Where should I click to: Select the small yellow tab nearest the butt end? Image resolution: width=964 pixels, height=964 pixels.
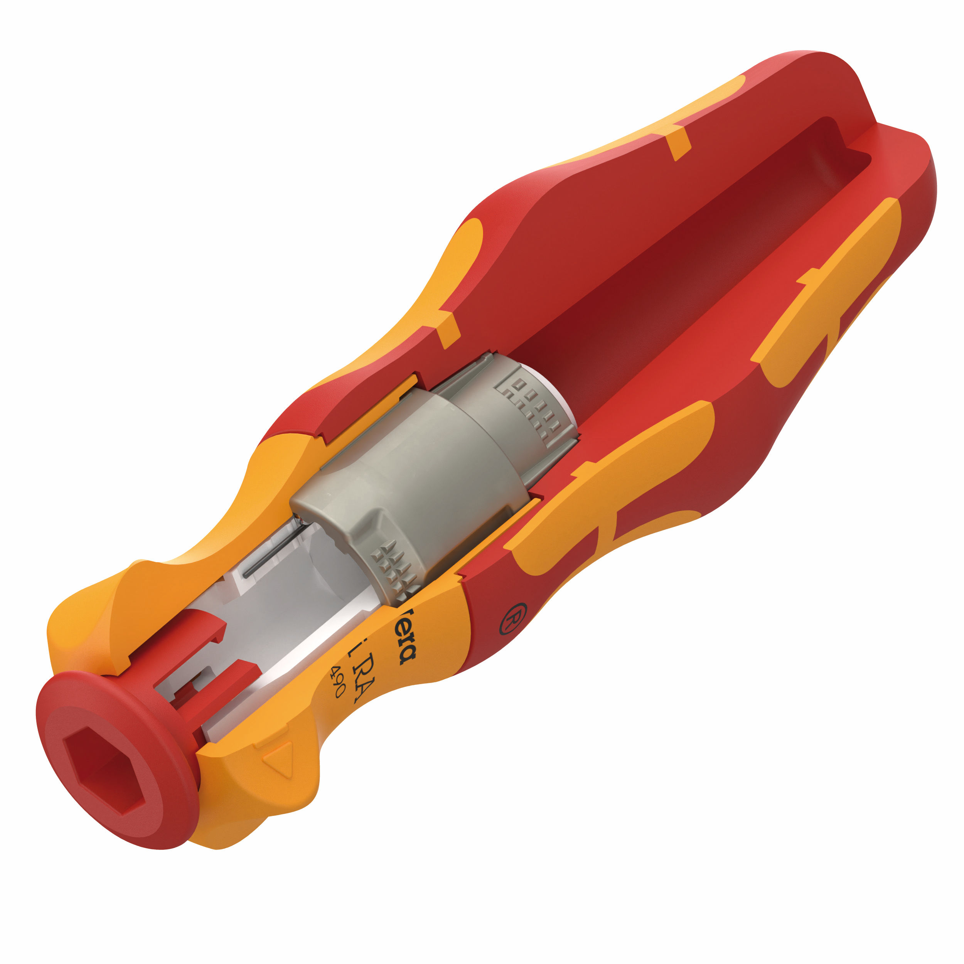679,142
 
